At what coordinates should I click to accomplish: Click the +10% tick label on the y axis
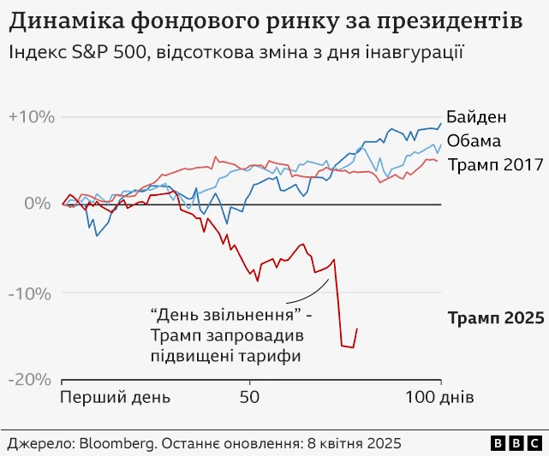pos(32,117)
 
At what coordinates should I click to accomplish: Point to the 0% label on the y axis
pos(38,204)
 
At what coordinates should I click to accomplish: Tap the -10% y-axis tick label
pos(30,294)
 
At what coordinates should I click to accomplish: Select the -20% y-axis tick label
pos(30,380)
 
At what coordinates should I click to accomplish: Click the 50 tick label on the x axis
pos(249,397)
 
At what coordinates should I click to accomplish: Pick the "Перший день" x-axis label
pos(115,398)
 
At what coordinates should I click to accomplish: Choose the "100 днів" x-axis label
pos(439,397)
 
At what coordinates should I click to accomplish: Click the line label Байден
pos(476,117)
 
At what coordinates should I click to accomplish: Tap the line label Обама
pos(474,141)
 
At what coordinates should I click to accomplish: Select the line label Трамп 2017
pos(495,165)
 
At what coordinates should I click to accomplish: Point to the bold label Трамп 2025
pos(496,318)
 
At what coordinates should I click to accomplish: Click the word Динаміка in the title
pos(67,21)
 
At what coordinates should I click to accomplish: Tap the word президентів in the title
pos(450,22)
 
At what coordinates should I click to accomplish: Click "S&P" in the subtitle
pos(90,52)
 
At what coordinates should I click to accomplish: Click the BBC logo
pos(516,443)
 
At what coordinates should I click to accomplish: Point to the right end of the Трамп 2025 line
pos(357,329)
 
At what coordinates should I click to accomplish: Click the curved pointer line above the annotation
pos(312,295)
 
